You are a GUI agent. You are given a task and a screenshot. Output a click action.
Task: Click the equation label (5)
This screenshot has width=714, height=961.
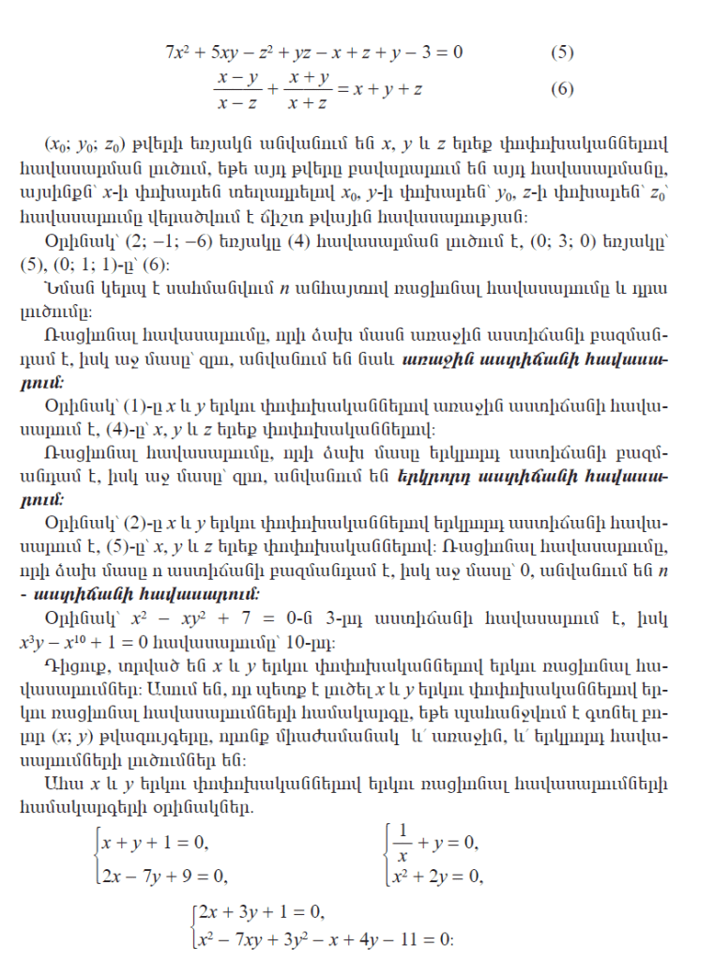click(x=562, y=52)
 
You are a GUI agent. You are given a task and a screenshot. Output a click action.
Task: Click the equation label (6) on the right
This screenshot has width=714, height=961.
click(x=562, y=90)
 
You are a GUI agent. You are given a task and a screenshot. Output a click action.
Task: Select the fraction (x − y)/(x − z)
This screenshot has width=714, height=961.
click(x=238, y=90)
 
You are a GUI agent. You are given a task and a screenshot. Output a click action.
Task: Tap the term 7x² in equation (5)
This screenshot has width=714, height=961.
click(x=178, y=52)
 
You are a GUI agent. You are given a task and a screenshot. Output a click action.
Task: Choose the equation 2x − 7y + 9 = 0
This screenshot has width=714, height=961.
click(x=166, y=877)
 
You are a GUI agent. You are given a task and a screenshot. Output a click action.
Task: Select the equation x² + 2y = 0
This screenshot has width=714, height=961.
click(x=437, y=877)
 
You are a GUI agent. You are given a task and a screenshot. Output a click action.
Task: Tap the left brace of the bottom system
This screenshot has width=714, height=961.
click(x=191, y=925)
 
